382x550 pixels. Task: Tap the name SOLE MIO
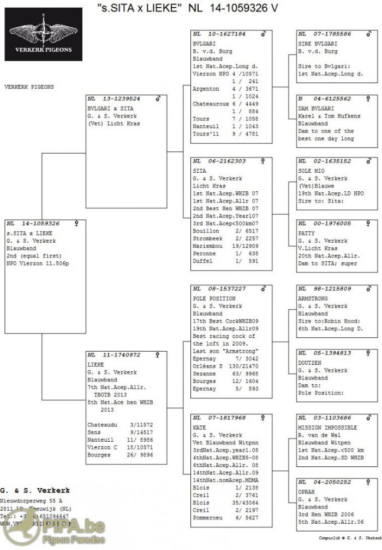pyautogui.click(x=312, y=171)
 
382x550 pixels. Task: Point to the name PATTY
pyautogui.click(x=306, y=233)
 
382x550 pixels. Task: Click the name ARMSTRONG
pyautogui.click(x=313, y=299)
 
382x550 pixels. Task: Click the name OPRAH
pyautogui.click(x=307, y=492)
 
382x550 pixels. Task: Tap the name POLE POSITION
pyautogui.click(x=214, y=299)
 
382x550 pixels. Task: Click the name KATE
pyautogui.click(x=199, y=428)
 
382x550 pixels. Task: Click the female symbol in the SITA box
pyautogui.click(x=263, y=161)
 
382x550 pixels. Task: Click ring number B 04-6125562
pyautogui.click(x=325, y=99)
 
